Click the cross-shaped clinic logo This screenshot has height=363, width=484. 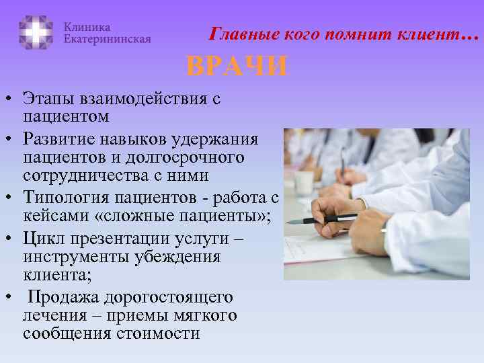pos(36,32)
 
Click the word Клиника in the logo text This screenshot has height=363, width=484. pos(87,26)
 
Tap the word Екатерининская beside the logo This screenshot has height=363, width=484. pos(107,39)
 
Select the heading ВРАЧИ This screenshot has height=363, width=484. pos(237,67)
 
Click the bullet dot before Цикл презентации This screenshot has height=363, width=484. pos(9,239)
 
